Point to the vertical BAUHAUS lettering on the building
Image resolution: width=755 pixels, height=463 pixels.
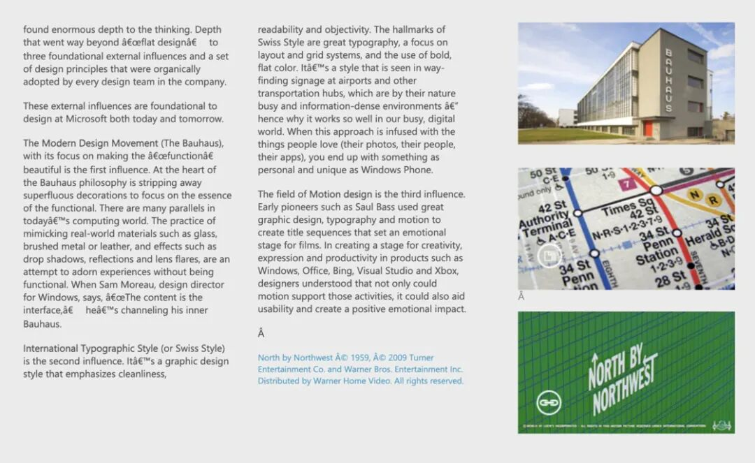(668, 80)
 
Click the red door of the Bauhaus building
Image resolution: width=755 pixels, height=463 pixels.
(648, 129)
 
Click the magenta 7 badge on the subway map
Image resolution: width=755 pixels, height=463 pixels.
(627, 184)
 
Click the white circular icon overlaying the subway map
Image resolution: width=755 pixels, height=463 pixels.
(550, 256)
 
